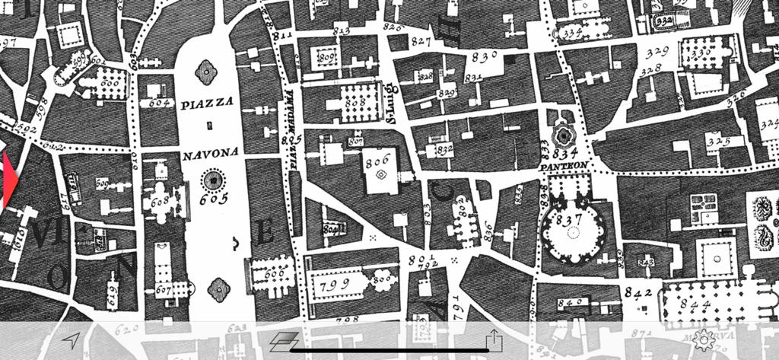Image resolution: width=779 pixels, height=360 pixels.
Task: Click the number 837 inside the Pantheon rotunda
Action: [568, 219]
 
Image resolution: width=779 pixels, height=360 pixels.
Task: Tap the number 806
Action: [377, 161]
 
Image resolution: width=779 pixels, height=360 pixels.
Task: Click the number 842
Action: [638, 291]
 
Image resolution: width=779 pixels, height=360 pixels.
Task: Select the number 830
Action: [484, 55]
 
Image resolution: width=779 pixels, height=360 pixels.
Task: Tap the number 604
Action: [158, 102]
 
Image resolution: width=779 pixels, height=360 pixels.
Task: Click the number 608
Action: [160, 202]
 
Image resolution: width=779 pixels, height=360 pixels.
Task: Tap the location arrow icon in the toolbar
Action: [72, 339]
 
